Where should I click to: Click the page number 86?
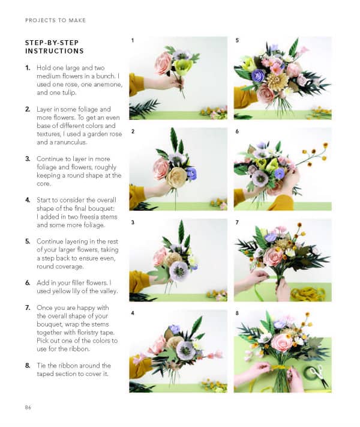(28, 408)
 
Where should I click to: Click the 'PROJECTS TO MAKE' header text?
(55, 20)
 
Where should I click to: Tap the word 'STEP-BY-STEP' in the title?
(51, 43)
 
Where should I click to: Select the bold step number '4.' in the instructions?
(28, 199)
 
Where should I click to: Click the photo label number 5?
(238, 40)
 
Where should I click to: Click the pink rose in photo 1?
(163, 62)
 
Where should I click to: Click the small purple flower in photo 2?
(191, 174)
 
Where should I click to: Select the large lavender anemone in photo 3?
(179, 269)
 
